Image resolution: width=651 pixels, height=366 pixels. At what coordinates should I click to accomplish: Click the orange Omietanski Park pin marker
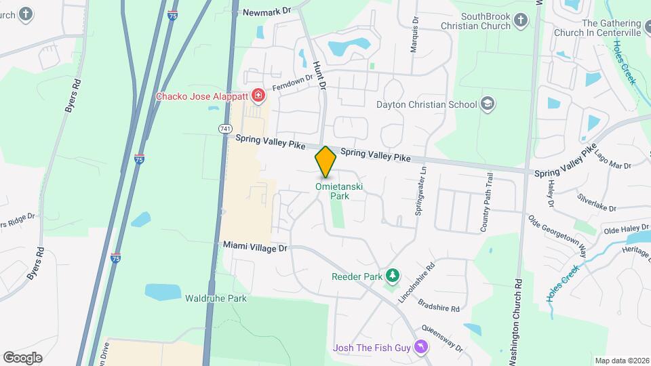325,161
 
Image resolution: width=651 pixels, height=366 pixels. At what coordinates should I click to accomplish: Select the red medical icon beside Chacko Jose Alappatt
258,96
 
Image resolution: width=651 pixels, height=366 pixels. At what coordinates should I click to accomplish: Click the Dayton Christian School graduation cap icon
487,104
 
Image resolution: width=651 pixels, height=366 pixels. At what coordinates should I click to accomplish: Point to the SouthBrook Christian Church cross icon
521,20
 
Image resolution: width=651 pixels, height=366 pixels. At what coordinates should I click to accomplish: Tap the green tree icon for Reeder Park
391,276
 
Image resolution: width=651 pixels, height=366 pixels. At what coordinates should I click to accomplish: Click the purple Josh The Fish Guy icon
422,348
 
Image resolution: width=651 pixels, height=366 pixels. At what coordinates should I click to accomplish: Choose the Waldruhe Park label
216,298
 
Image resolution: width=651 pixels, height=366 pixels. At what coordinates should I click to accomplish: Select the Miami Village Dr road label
256,248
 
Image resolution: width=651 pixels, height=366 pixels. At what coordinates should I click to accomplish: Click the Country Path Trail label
486,203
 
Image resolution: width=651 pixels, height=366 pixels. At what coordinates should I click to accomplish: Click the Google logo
22,358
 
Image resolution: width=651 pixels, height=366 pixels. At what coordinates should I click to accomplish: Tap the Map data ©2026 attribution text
621,361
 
